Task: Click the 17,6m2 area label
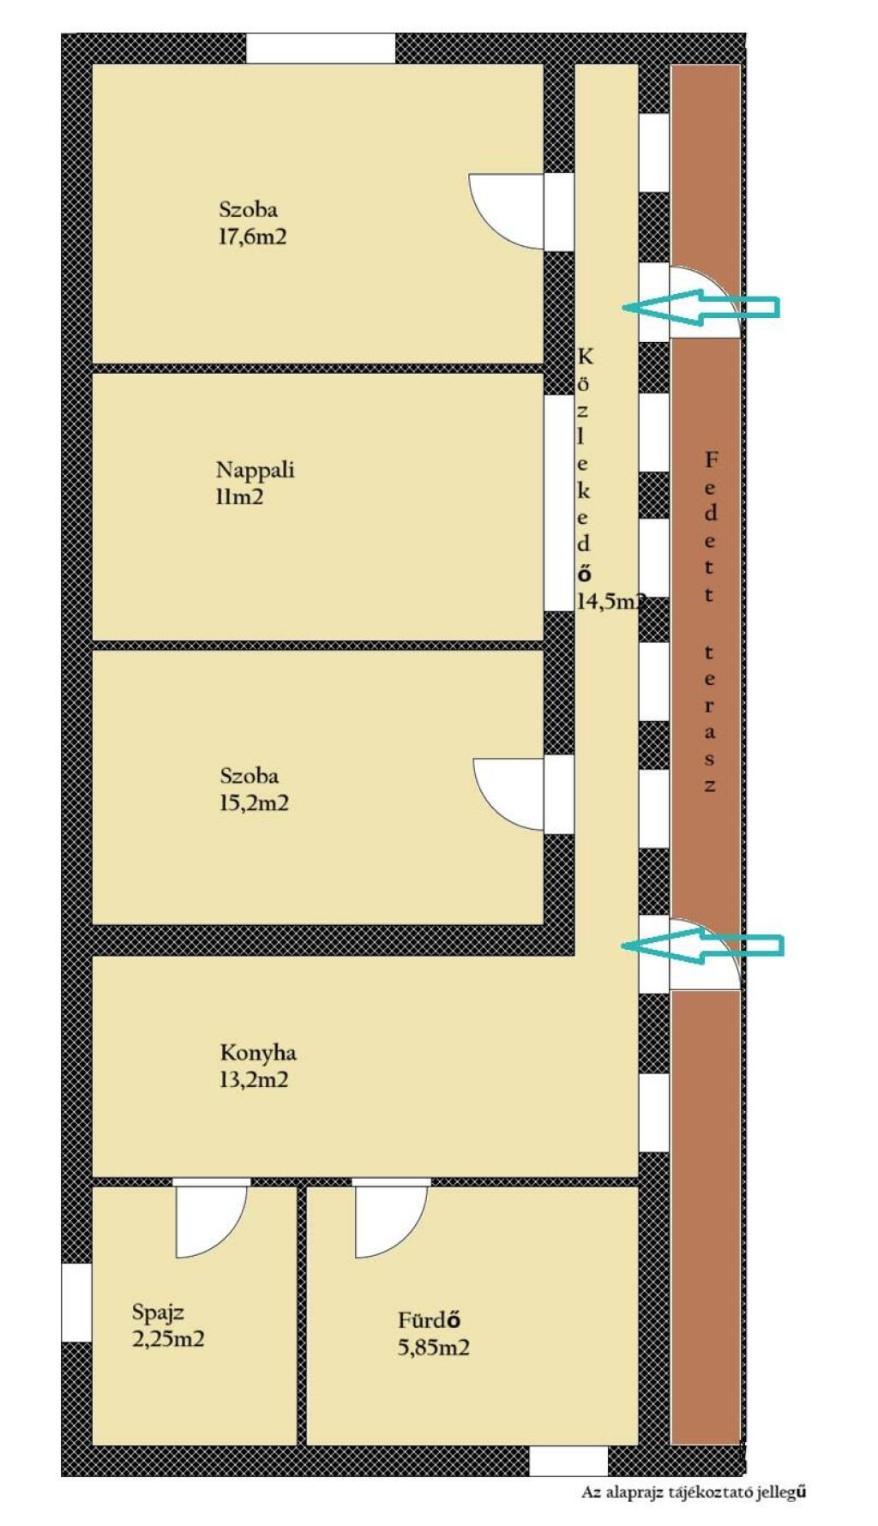coord(253,237)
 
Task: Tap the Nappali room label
coord(255,470)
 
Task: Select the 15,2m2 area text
coord(255,803)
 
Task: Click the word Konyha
coord(258,1053)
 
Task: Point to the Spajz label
coord(158,1313)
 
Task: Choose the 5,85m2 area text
coord(434,1347)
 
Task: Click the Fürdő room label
coord(430,1320)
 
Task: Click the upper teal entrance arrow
coord(701,307)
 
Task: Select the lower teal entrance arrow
coord(701,946)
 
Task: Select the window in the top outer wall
coord(321,48)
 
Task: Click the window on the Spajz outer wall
coord(76,1302)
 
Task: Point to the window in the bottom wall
coord(568,1461)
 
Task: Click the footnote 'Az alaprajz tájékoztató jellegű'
coord(694,1493)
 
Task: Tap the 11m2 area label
coord(239,496)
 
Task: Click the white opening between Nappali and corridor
coord(559,502)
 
